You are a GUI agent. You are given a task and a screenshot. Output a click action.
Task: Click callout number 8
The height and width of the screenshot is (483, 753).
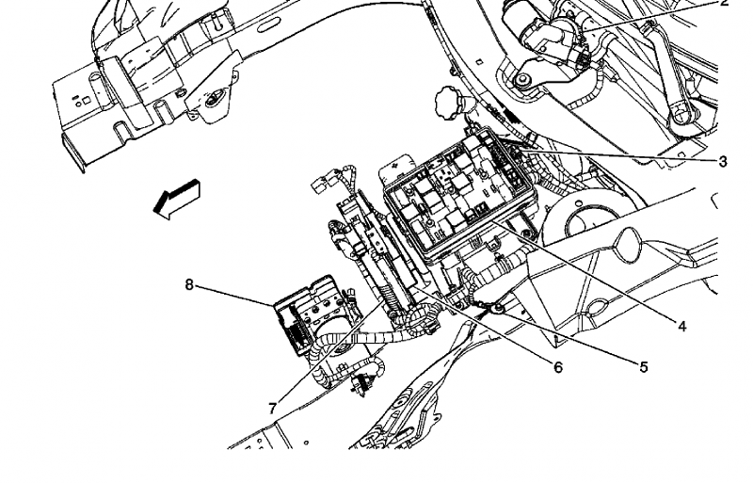point(189,285)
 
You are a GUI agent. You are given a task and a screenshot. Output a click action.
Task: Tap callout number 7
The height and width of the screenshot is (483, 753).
point(272,409)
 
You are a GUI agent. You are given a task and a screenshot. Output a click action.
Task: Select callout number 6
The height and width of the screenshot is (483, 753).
point(557,367)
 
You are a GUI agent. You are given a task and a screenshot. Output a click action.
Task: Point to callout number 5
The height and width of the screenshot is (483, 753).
point(644,367)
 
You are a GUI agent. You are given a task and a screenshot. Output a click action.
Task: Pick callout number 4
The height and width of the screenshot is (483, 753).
point(681,327)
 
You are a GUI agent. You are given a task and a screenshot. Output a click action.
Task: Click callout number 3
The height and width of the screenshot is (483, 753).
point(723,162)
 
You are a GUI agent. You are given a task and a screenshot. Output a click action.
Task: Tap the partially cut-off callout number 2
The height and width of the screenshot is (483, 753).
point(724,4)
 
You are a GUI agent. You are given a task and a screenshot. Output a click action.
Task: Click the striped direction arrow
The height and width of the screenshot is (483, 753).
point(177,199)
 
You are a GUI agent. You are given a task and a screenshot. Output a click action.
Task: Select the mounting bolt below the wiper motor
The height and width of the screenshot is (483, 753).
point(521,80)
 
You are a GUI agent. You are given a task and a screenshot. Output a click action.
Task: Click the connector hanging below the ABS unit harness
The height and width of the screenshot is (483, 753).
point(360,385)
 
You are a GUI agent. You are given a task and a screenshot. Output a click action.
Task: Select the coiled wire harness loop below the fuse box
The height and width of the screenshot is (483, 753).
point(419,321)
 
